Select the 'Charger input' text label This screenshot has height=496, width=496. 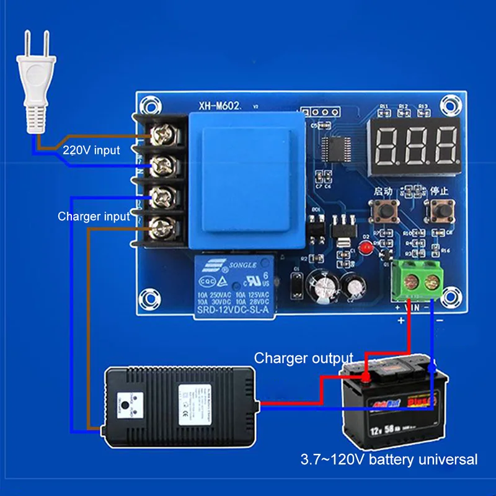94,216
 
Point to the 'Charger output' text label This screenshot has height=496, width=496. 304,358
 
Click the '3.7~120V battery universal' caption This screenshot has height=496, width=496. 389,460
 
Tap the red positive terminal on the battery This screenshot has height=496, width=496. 367,376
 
